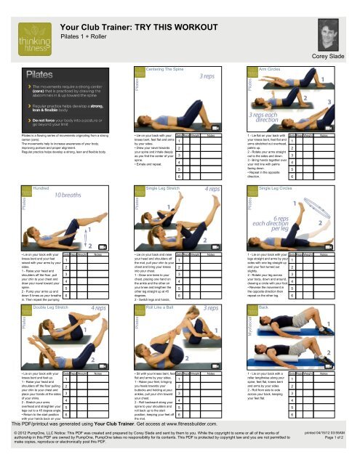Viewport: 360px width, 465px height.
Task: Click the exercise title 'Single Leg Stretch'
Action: tap(168, 187)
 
